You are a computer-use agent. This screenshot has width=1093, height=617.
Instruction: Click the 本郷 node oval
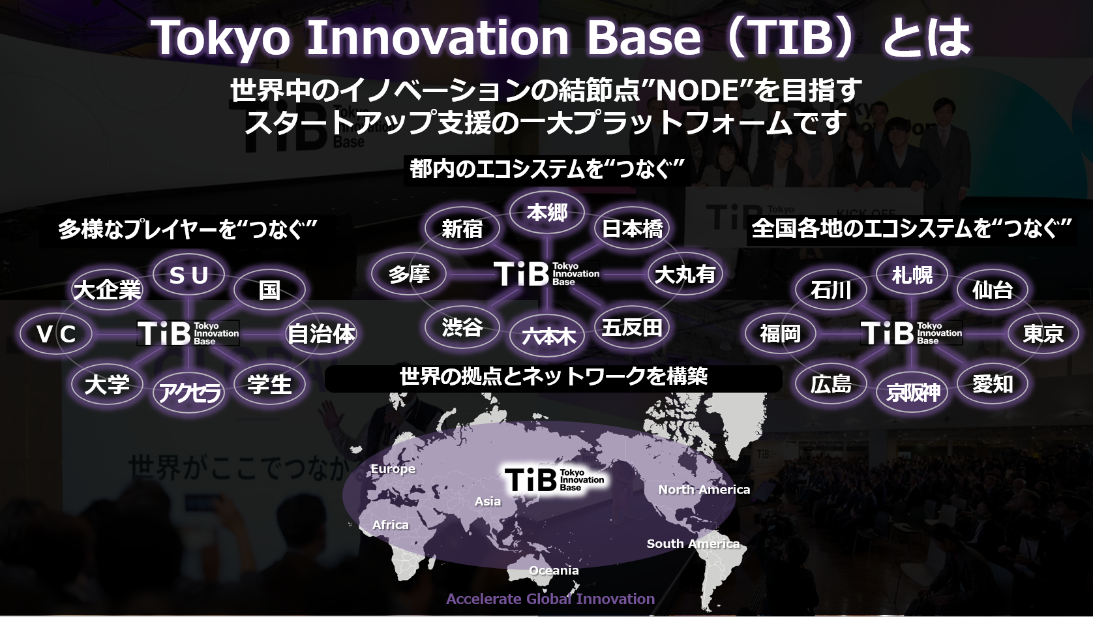(547, 213)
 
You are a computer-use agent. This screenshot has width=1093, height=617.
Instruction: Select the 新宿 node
(462, 228)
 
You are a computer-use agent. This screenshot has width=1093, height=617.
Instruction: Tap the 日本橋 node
(632, 228)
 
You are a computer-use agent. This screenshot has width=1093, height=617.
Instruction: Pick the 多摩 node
(409, 274)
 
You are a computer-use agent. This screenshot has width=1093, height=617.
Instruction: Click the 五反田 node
(632, 327)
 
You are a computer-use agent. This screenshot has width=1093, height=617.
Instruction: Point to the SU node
(189, 275)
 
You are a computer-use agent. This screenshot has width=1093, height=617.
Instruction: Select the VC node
(56, 335)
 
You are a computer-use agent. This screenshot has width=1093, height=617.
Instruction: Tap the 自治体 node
(321, 335)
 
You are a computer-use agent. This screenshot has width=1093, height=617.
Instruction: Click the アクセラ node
(189, 392)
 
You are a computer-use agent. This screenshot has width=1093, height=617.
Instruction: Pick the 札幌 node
(912, 275)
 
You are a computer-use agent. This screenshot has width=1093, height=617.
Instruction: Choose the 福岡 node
(781, 334)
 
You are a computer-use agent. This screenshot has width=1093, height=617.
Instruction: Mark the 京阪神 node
(912, 392)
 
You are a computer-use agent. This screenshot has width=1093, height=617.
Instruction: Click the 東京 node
(1043, 334)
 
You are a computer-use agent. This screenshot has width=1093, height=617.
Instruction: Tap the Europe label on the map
(393, 469)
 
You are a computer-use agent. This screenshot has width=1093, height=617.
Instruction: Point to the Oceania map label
(554, 570)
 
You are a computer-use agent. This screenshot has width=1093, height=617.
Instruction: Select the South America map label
(693, 544)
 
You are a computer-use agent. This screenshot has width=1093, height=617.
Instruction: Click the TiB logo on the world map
(554, 479)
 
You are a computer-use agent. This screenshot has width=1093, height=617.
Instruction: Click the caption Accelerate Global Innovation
(550, 599)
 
